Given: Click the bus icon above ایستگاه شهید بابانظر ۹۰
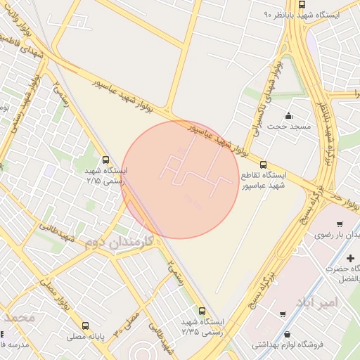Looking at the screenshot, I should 302,4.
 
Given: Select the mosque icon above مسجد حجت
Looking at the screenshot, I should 289,116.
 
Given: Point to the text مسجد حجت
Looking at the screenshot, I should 288,126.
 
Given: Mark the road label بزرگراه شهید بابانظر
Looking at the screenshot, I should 326,134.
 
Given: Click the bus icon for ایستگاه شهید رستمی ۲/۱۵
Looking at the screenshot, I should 105,160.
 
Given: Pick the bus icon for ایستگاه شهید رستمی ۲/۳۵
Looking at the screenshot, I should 202,311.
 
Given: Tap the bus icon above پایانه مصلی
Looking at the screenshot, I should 86,326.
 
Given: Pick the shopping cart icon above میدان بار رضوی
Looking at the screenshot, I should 340,224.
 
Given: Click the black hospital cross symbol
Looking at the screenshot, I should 350,259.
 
